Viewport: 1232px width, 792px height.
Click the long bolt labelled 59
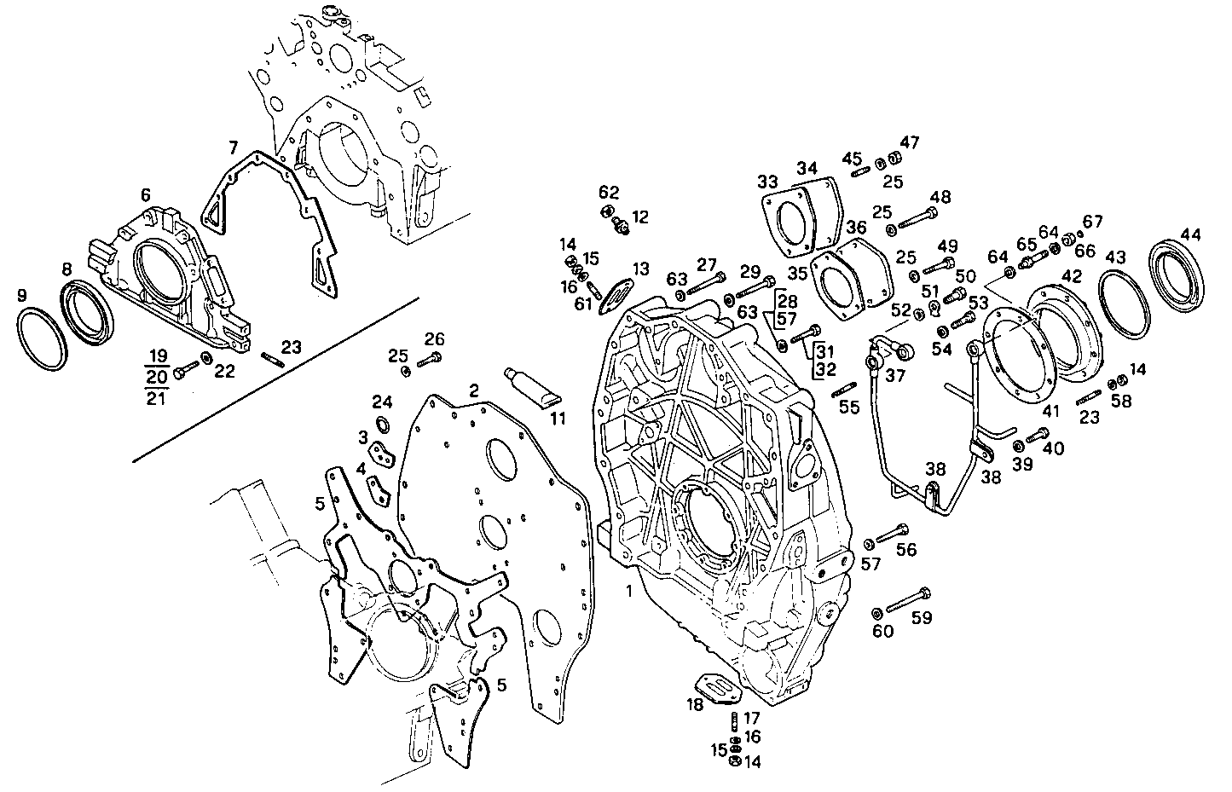[x=909, y=601]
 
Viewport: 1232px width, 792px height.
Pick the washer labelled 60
[x=876, y=613]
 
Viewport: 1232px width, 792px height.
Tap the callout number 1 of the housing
[x=628, y=590]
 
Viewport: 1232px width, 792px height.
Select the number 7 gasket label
[x=233, y=147]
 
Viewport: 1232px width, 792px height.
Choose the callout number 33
[x=767, y=181]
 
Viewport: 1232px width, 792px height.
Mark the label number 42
[x=1072, y=275]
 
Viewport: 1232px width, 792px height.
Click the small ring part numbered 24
[x=381, y=425]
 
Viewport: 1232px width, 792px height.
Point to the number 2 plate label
[x=473, y=390]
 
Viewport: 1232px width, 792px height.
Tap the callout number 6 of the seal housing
[x=145, y=194]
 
